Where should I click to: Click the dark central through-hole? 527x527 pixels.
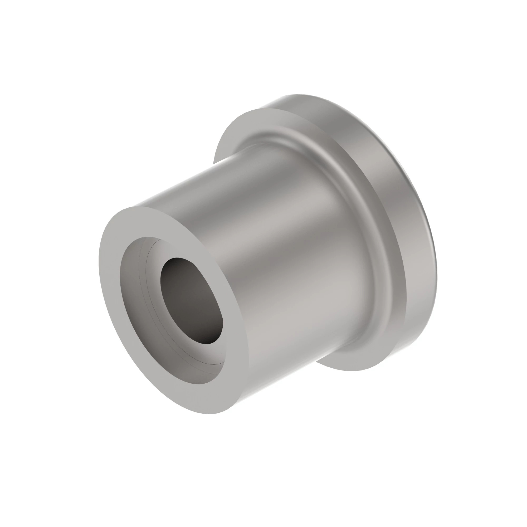[191, 297]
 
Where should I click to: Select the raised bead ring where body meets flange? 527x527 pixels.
[363, 218]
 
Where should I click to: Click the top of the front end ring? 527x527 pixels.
[136, 207]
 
